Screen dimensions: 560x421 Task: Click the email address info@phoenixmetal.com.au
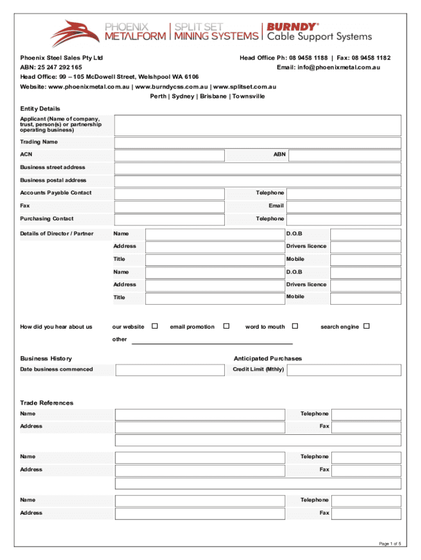click(x=328, y=67)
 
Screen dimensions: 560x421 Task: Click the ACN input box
click(x=169, y=155)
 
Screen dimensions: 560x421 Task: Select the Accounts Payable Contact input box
click(x=169, y=194)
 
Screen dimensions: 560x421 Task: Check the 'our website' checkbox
click(x=155, y=326)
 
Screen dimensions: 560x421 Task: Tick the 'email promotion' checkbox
click(x=226, y=326)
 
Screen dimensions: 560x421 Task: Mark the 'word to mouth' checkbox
click(x=295, y=326)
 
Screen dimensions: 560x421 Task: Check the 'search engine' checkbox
click(x=367, y=326)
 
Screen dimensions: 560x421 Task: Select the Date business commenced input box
click(x=170, y=370)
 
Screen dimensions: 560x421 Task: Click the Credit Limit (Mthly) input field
click(x=344, y=370)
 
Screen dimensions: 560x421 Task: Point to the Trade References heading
click(x=46, y=403)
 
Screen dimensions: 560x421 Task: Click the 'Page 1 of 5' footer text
click(x=390, y=543)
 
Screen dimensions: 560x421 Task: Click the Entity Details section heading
click(x=40, y=109)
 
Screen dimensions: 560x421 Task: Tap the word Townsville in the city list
click(x=249, y=96)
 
